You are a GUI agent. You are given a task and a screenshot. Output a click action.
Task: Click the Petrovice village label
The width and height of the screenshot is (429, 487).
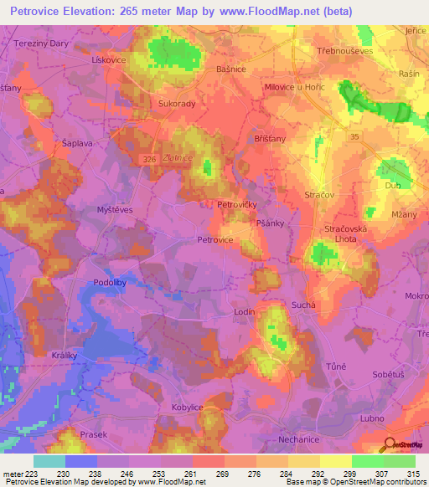(x=214, y=239)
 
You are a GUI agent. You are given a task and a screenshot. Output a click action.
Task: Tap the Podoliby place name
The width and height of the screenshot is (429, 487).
(x=110, y=283)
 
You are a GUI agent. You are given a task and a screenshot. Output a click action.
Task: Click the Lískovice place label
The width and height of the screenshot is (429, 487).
(x=110, y=61)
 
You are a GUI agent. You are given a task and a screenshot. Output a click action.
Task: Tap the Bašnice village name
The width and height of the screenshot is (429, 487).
(x=230, y=69)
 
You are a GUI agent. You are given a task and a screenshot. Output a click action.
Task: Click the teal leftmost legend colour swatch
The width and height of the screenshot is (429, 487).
(x=49, y=461)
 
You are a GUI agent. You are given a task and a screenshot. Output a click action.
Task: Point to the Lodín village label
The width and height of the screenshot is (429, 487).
(x=244, y=311)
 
